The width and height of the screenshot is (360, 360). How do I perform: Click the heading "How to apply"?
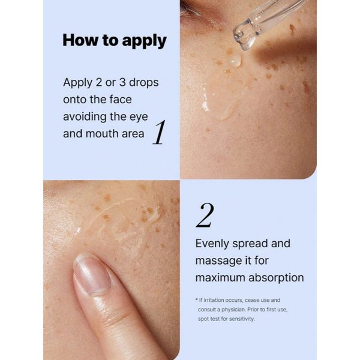(114, 41)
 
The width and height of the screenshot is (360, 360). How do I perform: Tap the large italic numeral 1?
(158, 133)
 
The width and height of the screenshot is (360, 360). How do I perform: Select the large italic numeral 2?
(205, 215)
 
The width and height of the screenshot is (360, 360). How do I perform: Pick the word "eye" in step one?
(137, 116)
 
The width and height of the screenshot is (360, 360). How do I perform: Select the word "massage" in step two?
(220, 261)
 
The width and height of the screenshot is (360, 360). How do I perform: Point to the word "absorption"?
(278, 278)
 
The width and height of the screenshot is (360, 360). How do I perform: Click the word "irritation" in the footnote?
(214, 299)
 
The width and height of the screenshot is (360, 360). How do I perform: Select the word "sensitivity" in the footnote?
(238, 319)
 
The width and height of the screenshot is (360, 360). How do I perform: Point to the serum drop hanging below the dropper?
(235, 60)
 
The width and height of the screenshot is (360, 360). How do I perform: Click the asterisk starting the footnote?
(196, 299)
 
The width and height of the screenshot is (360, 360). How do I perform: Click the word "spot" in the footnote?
(205, 319)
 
